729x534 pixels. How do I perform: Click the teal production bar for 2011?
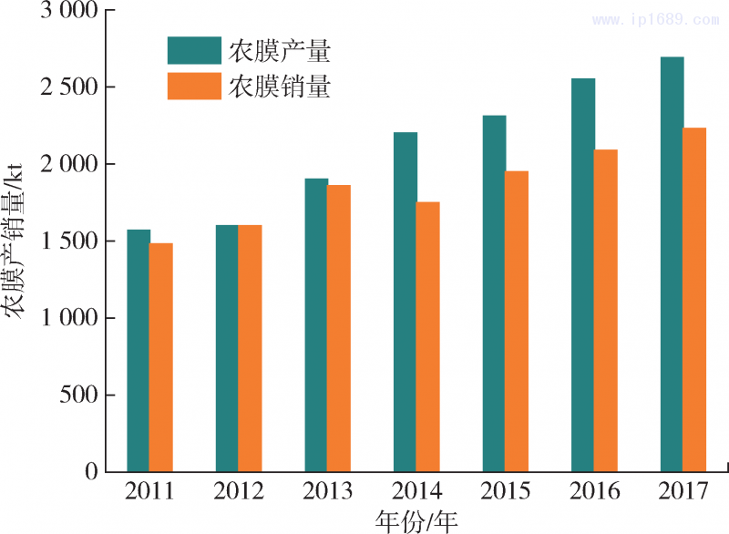[x=139, y=351]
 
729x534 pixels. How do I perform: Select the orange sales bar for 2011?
[x=161, y=357]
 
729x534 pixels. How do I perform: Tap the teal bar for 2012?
[x=227, y=348]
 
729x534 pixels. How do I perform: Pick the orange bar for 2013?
[x=339, y=328]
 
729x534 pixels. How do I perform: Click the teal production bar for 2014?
[x=406, y=302]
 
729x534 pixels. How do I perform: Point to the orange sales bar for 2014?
[x=428, y=336]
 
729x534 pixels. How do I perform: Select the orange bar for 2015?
[x=517, y=321]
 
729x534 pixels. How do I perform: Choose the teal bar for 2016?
[x=583, y=274]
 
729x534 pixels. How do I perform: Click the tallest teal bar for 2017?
[x=673, y=264]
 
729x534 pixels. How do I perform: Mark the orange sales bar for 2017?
[x=694, y=299]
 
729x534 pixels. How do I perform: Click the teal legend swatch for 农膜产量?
[x=194, y=51]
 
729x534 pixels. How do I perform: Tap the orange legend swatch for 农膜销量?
[x=194, y=87]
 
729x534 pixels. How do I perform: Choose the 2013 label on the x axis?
[x=328, y=492]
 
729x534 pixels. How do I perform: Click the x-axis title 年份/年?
[x=416, y=520]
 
